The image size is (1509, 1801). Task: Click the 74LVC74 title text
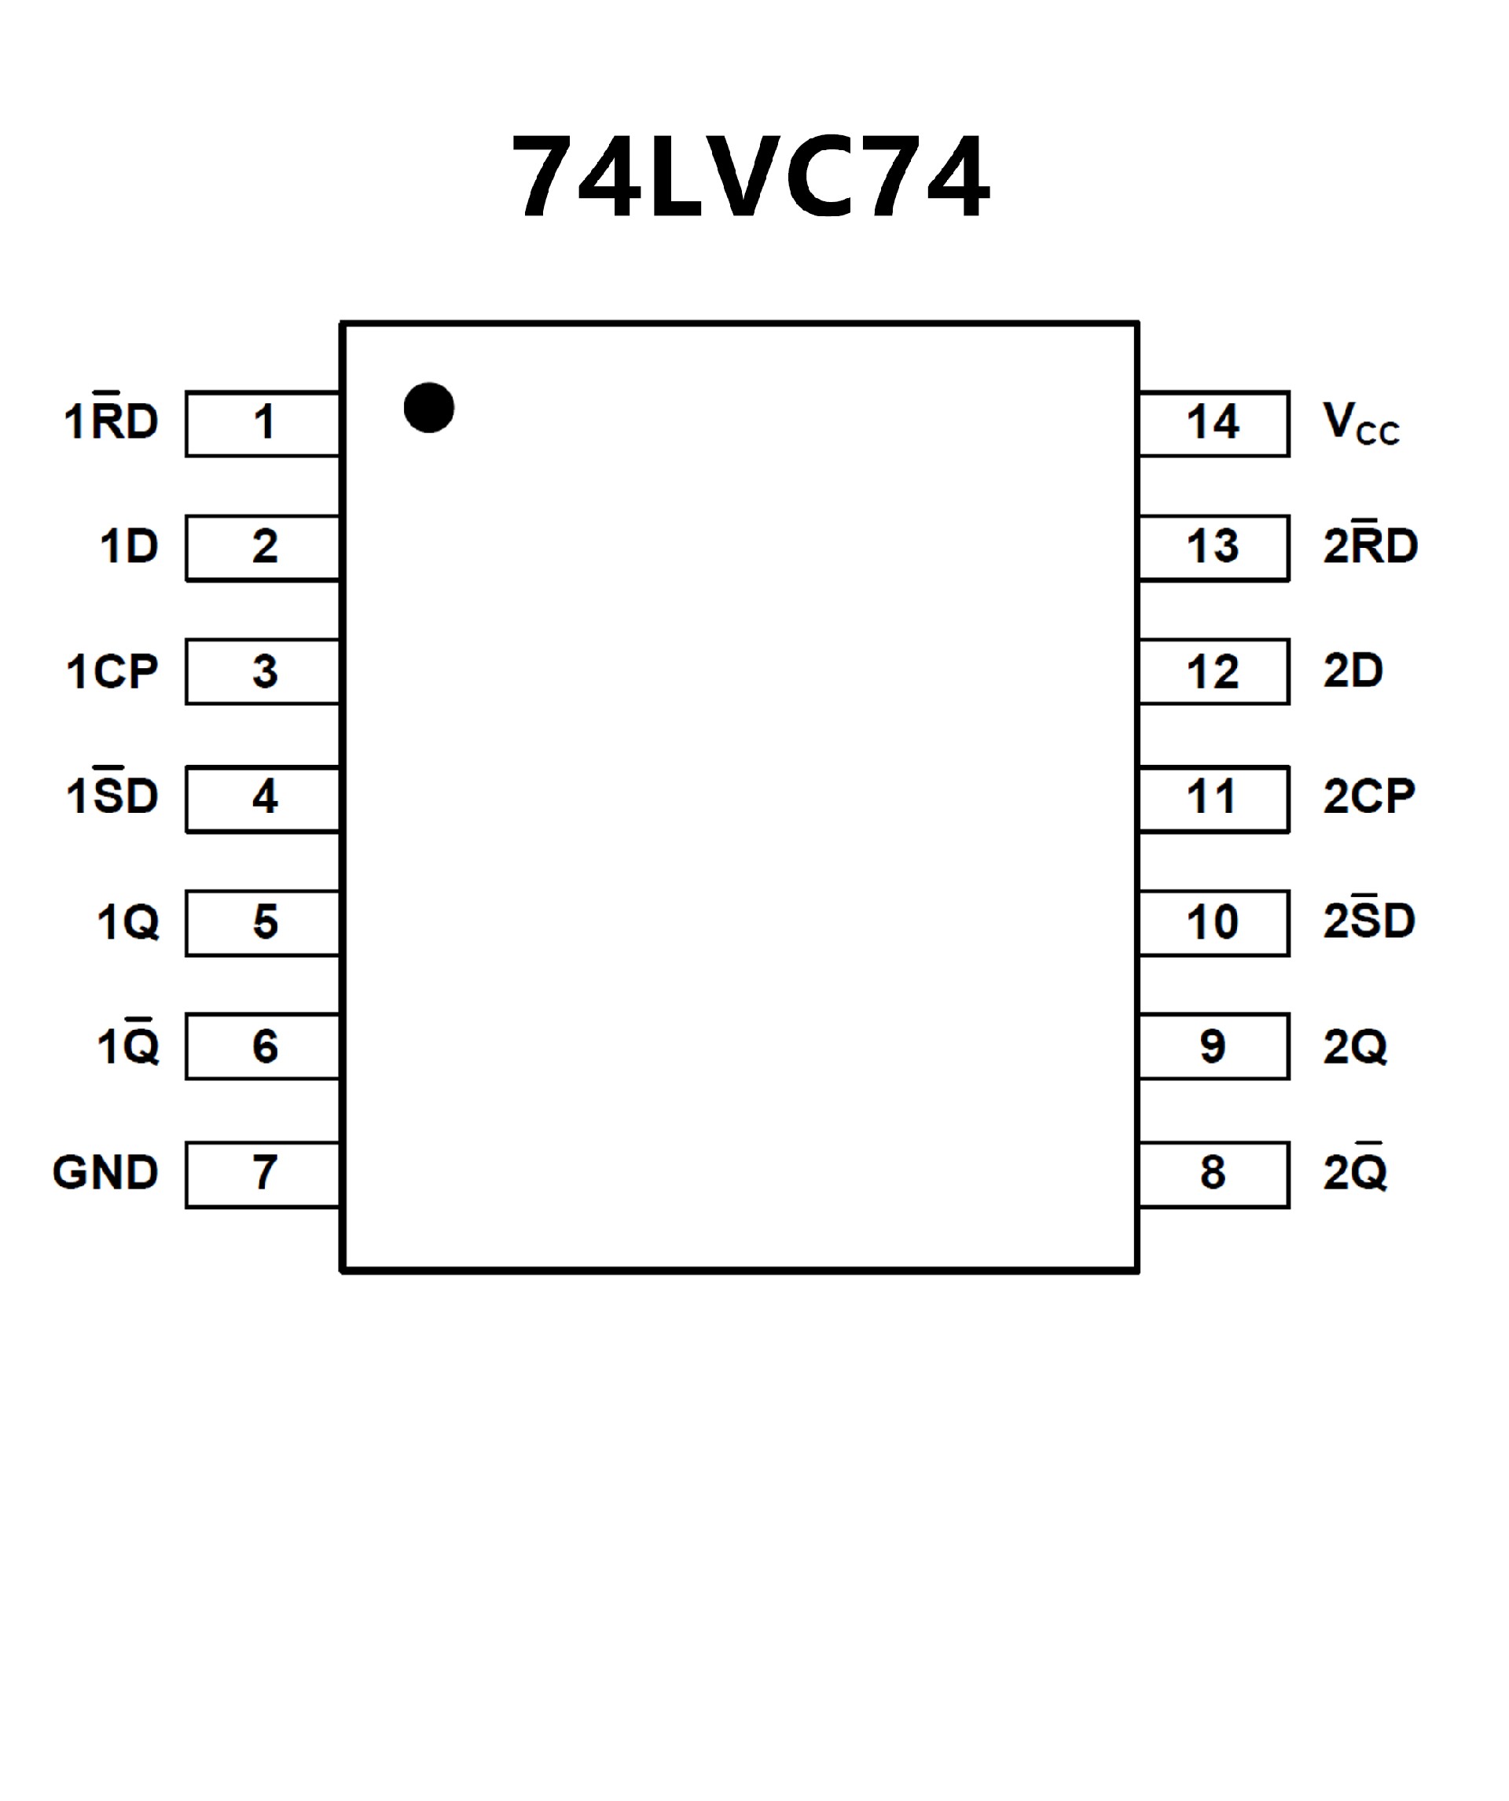point(751,177)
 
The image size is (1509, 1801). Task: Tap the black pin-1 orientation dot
point(428,407)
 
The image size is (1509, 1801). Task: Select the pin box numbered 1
point(263,424)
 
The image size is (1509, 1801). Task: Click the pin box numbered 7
point(263,1174)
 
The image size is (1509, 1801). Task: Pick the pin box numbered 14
point(1213,424)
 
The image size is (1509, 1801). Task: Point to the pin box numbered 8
point(1213,1174)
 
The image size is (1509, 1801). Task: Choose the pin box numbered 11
point(1213,799)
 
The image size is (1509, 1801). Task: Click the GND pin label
point(105,1172)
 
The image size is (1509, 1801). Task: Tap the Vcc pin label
point(1360,424)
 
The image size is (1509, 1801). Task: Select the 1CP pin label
point(112,671)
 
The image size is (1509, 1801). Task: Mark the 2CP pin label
point(1368,796)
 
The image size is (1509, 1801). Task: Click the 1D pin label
point(130,546)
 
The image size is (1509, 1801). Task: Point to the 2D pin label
point(1353,671)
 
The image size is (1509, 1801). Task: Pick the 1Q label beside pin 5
point(128,923)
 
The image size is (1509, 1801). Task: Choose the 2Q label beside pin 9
point(1355,1047)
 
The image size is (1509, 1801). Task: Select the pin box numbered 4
point(263,799)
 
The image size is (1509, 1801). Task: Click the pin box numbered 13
point(1213,548)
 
